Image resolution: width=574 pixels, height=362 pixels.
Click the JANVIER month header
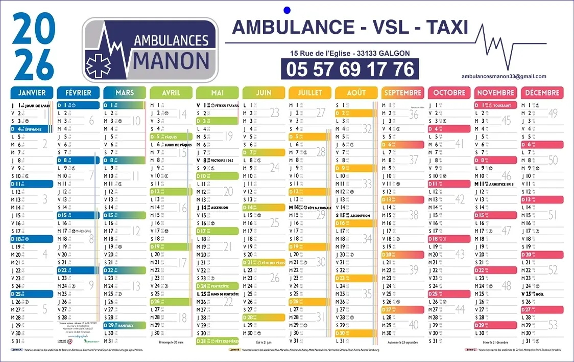pos(32,93)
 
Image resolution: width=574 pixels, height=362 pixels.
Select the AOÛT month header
pos(356,93)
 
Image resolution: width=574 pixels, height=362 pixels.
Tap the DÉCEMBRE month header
pos(541,93)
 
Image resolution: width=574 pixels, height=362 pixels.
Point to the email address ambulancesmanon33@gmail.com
pos(504,76)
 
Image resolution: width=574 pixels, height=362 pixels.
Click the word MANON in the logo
pos(172,60)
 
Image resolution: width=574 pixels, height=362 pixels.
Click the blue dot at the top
pos(286,9)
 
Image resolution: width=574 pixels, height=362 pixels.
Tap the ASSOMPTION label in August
pos(360,216)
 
